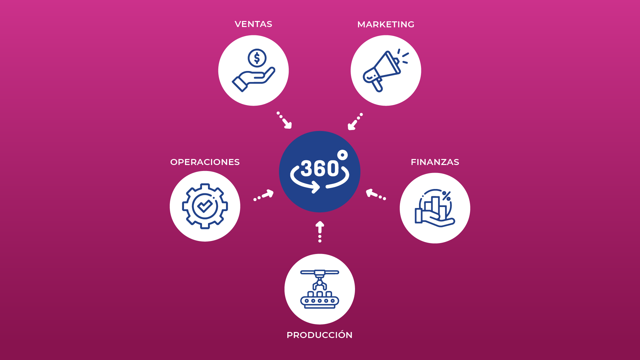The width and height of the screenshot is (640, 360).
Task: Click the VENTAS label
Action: click(x=253, y=24)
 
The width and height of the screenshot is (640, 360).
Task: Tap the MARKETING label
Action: click(x=386, y=24)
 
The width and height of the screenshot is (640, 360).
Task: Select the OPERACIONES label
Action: click(x=205, y=162)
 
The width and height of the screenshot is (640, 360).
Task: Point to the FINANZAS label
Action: click(x=435, y=162)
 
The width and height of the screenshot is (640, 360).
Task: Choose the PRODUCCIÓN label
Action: click(x=320, y=335)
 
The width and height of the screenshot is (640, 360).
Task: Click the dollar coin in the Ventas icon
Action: click(x=257, y=58)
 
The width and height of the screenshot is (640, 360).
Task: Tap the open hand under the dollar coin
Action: click(x=253, y=80)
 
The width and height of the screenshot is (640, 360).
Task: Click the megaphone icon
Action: click(x=385, y=71)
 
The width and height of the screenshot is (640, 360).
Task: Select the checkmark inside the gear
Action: click(x=205, y=206)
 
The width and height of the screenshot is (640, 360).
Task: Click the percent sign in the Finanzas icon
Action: click(x=446, y=196)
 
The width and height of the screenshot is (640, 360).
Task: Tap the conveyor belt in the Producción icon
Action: click(x=320, y=301)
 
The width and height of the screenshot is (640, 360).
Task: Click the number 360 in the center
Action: click(x=320, y=168)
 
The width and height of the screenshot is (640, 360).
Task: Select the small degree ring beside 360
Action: click(x=342, y=155)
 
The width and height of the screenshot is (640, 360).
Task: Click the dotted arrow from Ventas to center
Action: click(x=284, y=120)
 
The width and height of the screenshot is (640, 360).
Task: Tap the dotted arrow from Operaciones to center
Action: click(x=264, y=195)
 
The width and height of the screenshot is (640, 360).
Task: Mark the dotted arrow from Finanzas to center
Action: click(x=376, y=194)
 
